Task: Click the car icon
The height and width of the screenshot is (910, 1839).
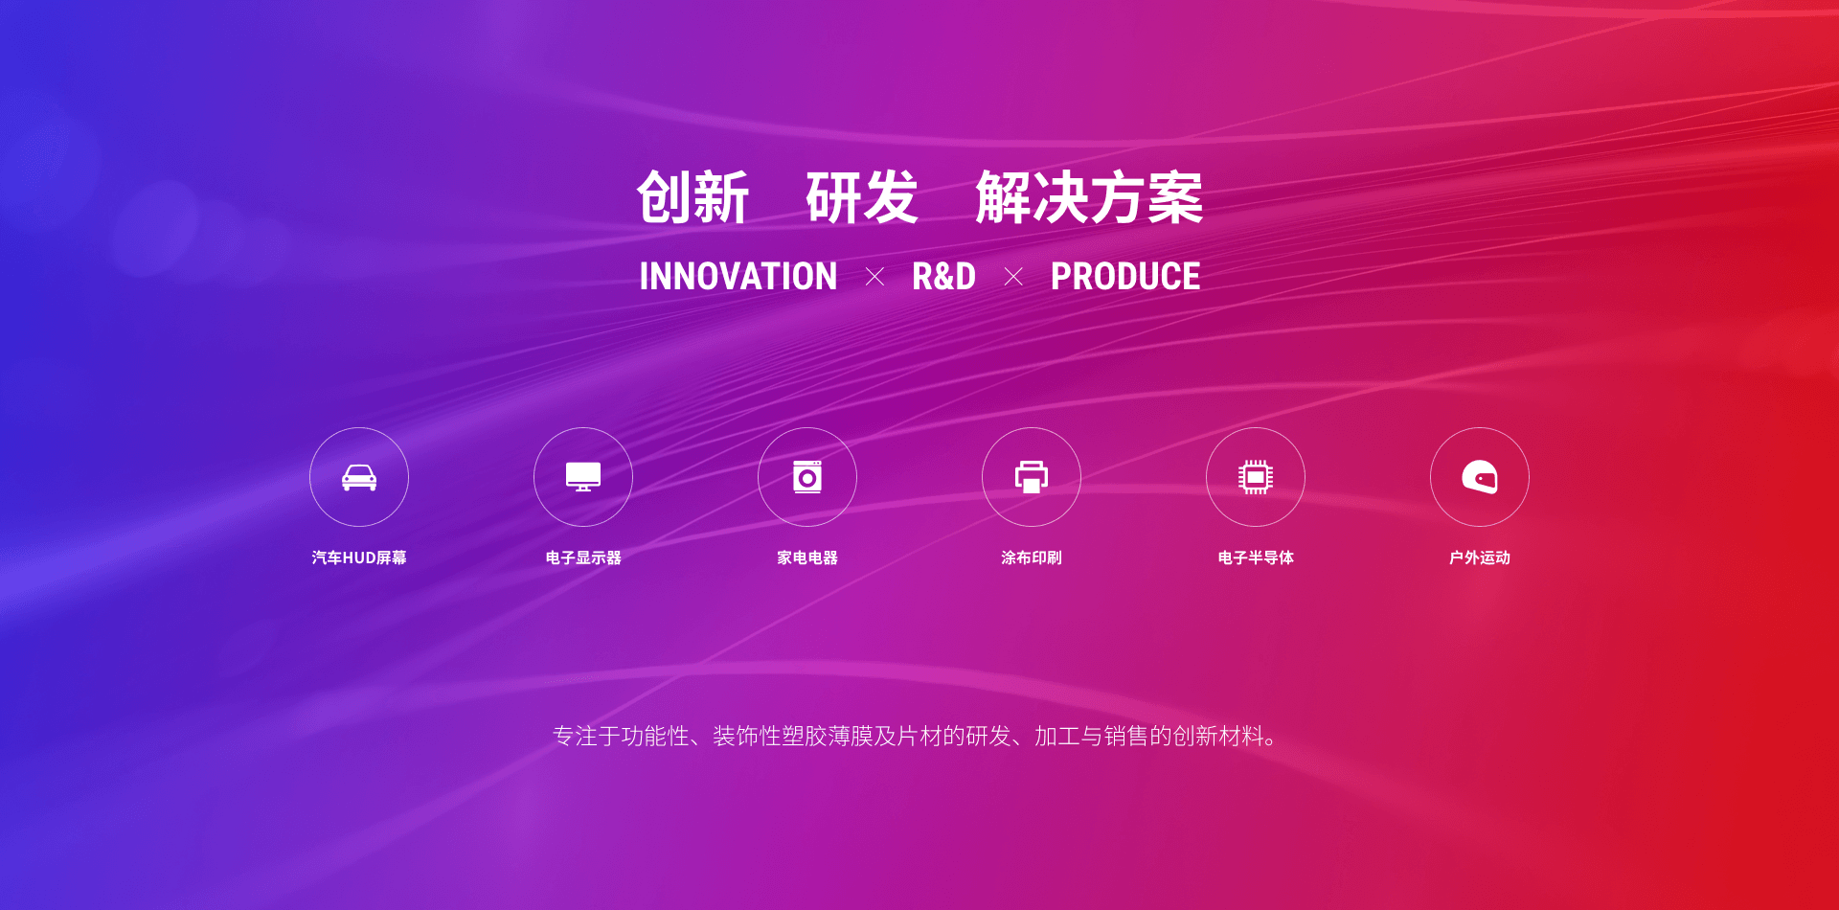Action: pyautogui.click(x=359, y=477)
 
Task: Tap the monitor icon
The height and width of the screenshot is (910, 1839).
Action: pyautogui.click(x=583, y=477)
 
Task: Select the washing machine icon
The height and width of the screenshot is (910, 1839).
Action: pyautogui.click(x=807, y=477)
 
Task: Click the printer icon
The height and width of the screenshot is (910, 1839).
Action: pyautogui.click(x=1032, y=477)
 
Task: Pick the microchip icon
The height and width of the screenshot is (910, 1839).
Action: pyautogui.click(x=1256, y=477)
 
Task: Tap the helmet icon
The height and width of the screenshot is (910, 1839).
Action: pyautogui.click(x=1480, y=477)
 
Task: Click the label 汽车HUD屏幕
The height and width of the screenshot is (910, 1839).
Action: pyautogui.click(x=359, y=557)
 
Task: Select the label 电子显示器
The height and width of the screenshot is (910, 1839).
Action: pyautogui.click(x=583, y=557)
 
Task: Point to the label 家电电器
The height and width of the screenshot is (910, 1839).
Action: pyautogui.click(x=807, y=557)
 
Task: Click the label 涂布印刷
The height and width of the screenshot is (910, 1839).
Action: pyautogui.click(x=1032, y=557)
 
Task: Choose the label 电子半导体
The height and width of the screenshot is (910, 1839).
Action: pyautogui.click(x=1256, y=557)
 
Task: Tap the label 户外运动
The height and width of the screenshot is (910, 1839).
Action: pyautogui.click(x=1480, y=557)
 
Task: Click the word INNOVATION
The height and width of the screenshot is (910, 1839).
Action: pyautogui.click(x=738, y=277)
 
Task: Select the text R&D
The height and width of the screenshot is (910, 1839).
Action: pyautogui.click(x=943, y=277)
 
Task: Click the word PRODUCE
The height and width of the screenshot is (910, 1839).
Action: pyautogui.click(x=1125, y=277)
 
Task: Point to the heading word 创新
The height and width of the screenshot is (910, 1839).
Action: pyautogui.click(x=692, y=198)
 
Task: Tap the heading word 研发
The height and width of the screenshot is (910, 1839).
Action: pyautogui.click(x=862, y=198)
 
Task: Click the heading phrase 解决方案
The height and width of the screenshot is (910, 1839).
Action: pyautogui.click(x=1089, y=198)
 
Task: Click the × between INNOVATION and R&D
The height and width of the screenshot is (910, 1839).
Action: pyautogui.click(x=874, y=277)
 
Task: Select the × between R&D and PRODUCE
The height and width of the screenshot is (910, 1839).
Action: pyautogui.click(x=1013, y=277)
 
